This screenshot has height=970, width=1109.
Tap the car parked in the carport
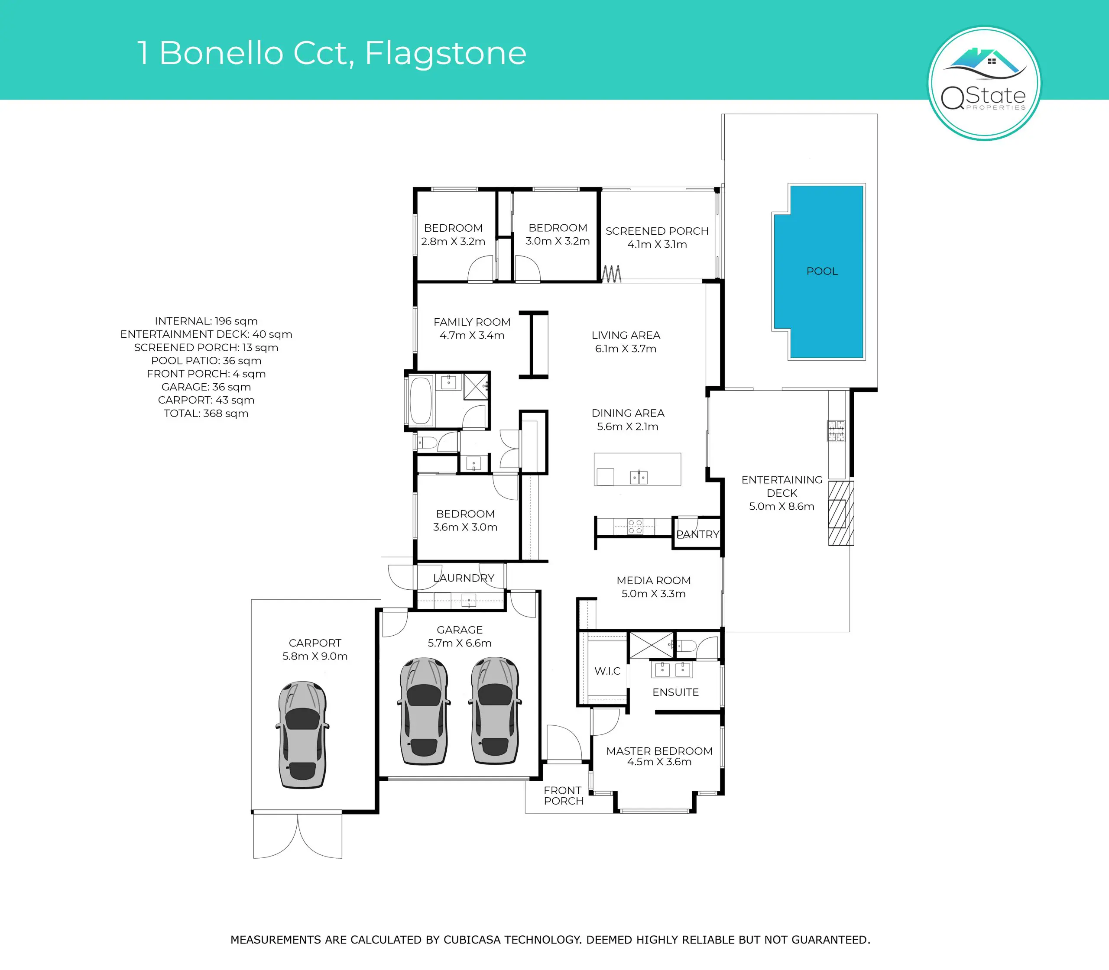303,734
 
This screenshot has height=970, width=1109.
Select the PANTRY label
697,534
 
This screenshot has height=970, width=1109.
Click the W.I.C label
607,671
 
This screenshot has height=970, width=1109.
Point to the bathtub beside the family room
421,401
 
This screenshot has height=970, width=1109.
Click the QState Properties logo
984,84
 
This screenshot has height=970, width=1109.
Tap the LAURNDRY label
464,578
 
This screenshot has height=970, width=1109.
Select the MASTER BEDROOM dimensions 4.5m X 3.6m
659,762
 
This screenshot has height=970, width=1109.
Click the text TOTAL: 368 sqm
206,414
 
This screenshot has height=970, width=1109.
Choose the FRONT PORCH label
563,796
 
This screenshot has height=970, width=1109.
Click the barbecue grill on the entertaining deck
836,431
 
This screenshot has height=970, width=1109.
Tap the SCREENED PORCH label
657,231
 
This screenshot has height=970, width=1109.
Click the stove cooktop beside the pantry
635,526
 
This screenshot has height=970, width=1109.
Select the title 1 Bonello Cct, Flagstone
332,53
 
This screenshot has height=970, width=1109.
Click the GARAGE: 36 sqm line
206,387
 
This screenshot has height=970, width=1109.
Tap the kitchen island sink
639,477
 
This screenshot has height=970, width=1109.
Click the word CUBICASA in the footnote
472,940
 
